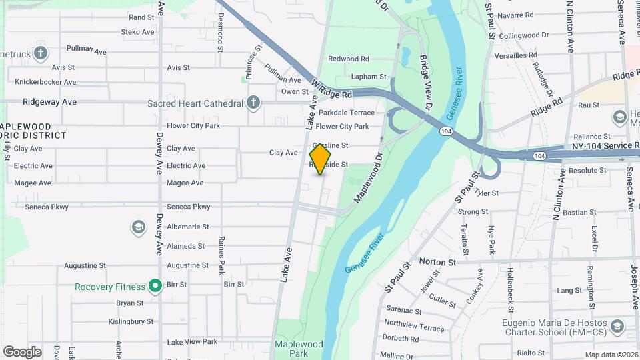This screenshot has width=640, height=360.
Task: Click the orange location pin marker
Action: tap(321, 159)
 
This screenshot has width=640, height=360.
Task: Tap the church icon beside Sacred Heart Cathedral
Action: tap(253, 103)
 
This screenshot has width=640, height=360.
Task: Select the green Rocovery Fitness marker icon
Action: tap(155, 287)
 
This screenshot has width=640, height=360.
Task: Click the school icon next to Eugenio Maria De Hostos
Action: tap(617, 326)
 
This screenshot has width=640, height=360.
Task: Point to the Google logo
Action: tap(22, 352)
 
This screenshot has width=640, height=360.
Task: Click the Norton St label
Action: tap(437, 262)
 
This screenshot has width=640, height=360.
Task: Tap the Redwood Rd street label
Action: tap(348, 59)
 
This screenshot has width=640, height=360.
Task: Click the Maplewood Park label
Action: tap(298, 349)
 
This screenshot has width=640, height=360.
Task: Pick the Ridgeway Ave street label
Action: tap(49, 102)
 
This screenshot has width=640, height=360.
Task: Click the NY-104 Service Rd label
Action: tap(599, 147)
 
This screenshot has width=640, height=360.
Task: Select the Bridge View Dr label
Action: tap(426, 83)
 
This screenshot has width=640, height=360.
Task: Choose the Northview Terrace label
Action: tap(414, 328)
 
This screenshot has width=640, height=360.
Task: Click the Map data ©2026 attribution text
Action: tap(611, 355)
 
